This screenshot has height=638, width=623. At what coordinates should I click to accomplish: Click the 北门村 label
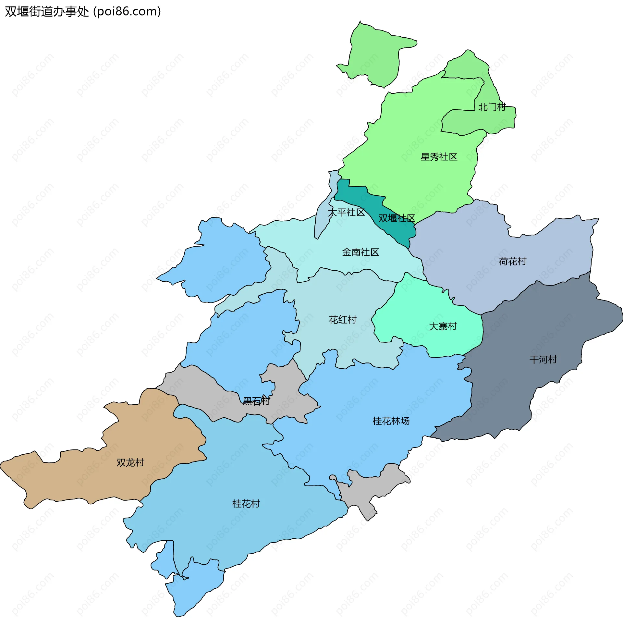(x=492, y=107)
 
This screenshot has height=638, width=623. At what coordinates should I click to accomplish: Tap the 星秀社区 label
(x=439, y=157)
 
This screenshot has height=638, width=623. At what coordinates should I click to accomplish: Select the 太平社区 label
(x=346, y=212)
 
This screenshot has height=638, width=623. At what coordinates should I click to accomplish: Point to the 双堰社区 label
(x=397, y=218)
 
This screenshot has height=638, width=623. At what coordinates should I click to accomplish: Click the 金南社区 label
(x=360, y=252)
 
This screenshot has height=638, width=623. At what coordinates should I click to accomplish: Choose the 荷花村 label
(x=512, y=261)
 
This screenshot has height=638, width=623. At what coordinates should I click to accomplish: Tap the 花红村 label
(x=343, y=320)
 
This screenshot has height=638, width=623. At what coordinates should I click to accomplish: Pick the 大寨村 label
(x=443, y=326)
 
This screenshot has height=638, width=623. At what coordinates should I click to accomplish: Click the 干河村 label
(x=543, y=360)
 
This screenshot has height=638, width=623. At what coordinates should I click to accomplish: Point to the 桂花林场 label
(x=391, y=421)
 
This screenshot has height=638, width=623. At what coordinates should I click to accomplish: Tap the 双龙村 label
(x=130, y=462)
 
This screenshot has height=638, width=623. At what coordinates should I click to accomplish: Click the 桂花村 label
(x=246, y=504)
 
